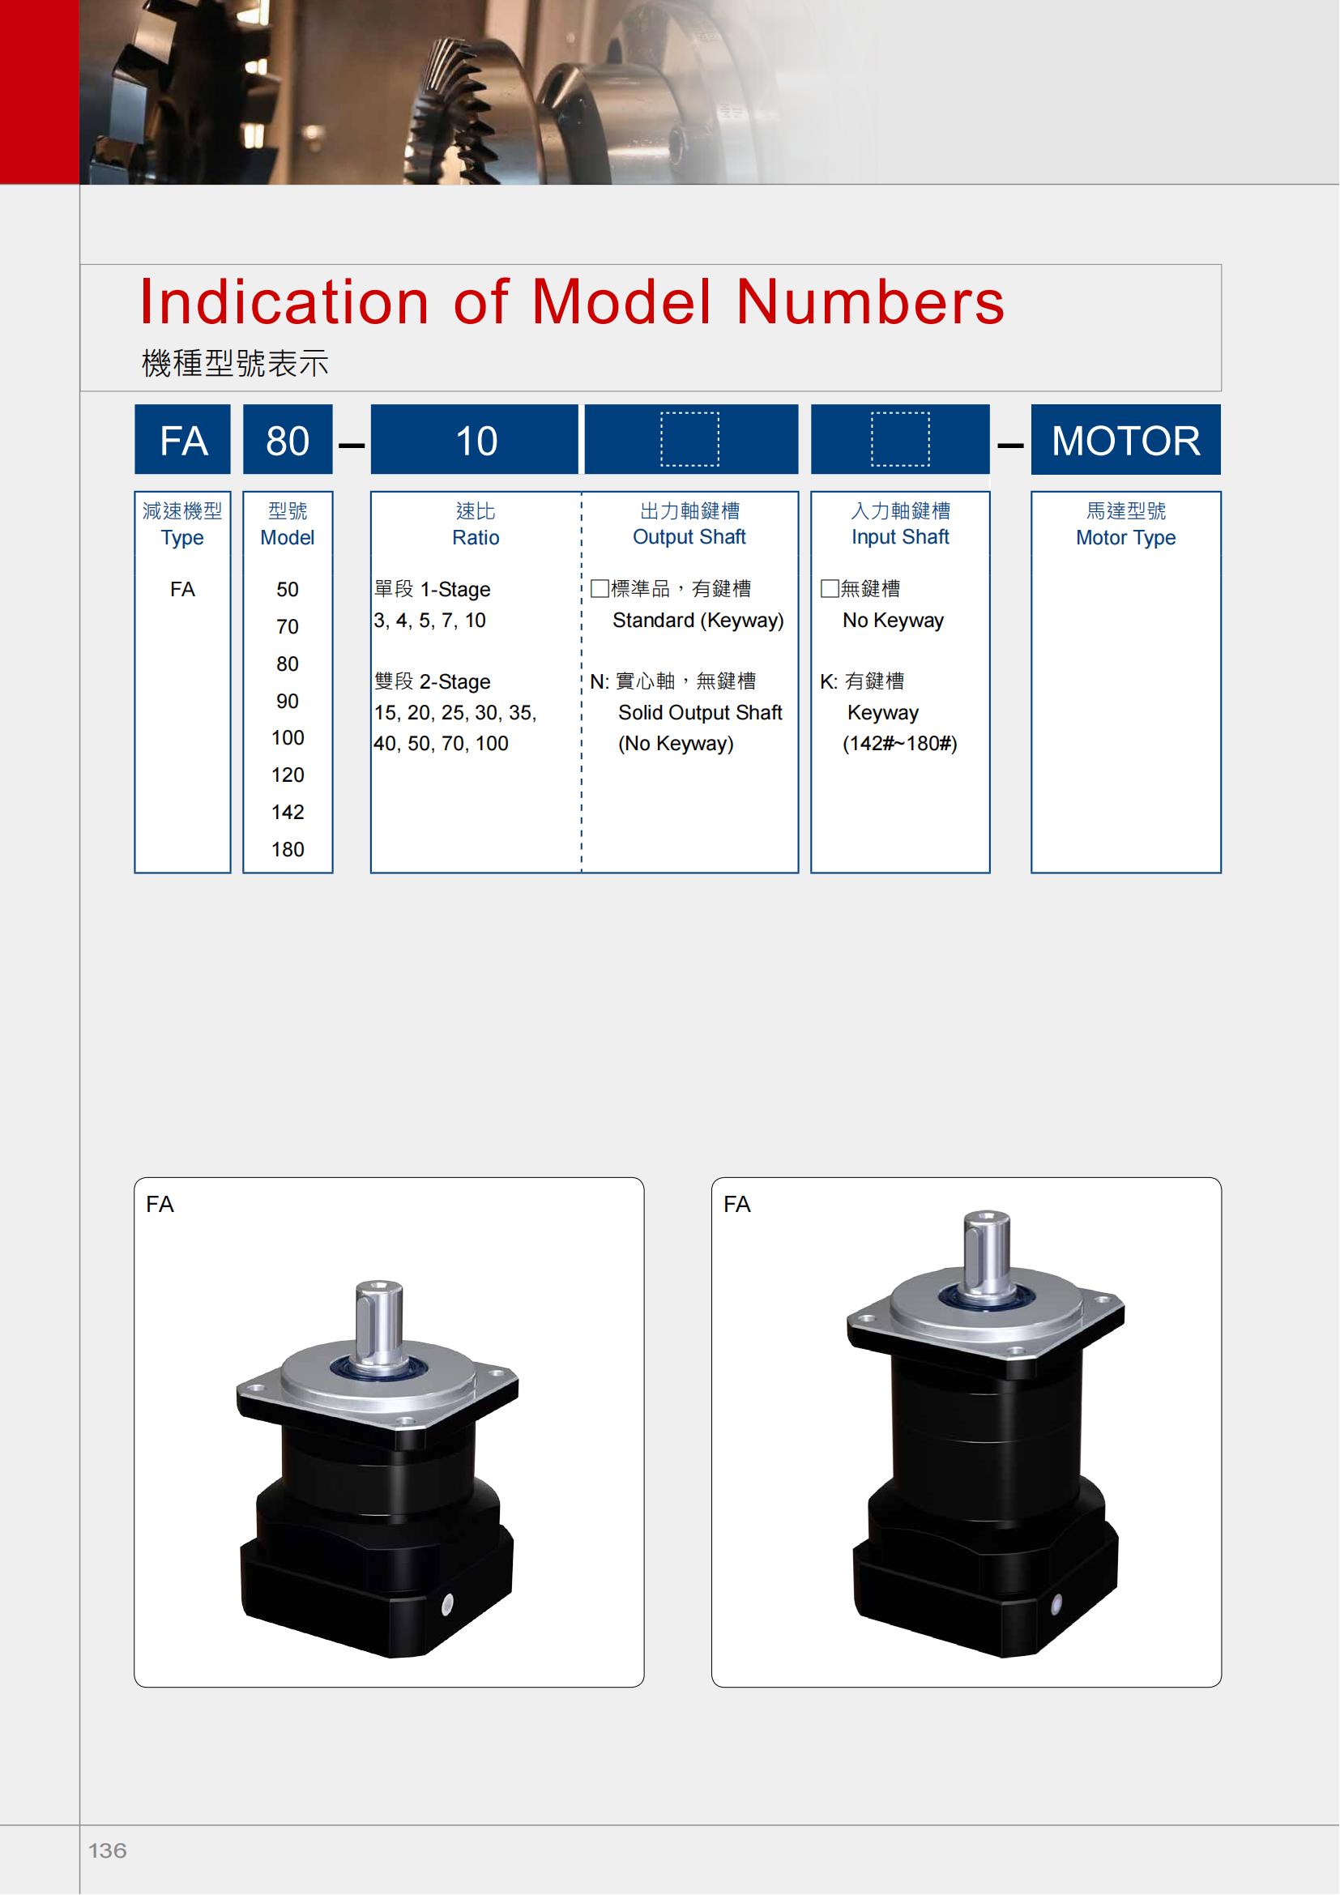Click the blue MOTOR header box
[x=1125, y=439]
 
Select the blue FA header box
[x=182, y=439]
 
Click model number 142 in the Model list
[x=287, y=812]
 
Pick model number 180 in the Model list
[x=287, y=849]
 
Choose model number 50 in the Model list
[x=287, y=589]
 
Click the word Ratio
[x=476, y=537]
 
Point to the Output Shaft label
[x=689, y=537]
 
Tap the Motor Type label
[x=1125, y=538]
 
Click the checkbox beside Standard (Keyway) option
[x=600, y=588]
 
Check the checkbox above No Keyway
[x=830, y=588]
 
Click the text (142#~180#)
[x=899, y=744]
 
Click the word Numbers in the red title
[x=870, y=301]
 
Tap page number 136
[x=107, y=1850]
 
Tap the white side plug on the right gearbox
[x=1056, y=1604]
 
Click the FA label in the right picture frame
[x=736, y=1204]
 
